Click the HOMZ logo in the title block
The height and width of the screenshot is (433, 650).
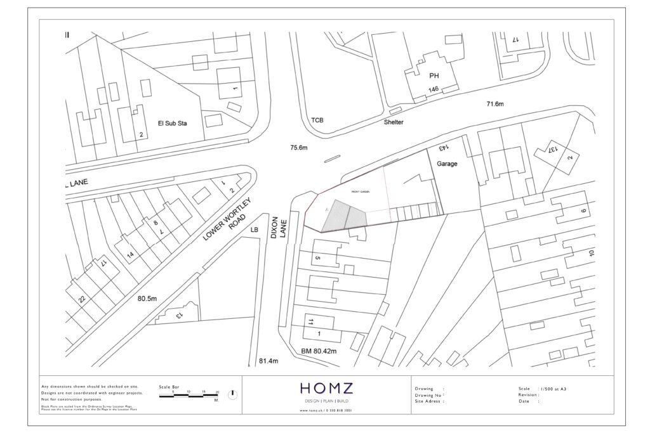tap(327, 389)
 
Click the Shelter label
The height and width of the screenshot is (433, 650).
tap(393, 122)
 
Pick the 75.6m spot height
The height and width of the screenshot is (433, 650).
tap(298, 148)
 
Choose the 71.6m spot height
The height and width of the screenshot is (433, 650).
tap(494, 104)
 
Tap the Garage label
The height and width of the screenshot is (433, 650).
tap(447, 164)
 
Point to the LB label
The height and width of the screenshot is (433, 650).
tap(255, 229)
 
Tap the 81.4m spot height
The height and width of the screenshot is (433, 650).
tap(269, 361)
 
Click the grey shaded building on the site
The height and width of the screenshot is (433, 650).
tap(345, 216)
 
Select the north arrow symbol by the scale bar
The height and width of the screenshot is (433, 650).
tap(232, 394)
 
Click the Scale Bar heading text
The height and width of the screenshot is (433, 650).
tap(169, 386)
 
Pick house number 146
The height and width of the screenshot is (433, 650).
tap(434, 90)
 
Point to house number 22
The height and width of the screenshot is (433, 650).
tap(82, 299)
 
